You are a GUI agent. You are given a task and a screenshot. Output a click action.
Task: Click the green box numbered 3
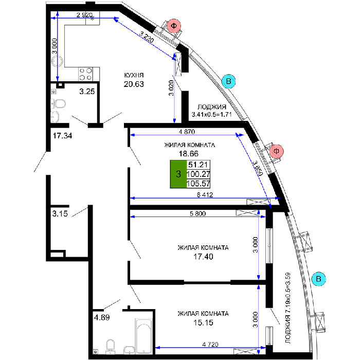coord(178,174)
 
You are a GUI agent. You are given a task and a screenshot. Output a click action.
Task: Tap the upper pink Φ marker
coord(174,26)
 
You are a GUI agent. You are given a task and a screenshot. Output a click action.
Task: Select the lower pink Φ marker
coord(276,151)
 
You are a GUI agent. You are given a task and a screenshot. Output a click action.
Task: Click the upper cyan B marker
coord(228,81)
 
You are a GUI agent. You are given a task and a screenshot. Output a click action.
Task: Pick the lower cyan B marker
coord(318,279)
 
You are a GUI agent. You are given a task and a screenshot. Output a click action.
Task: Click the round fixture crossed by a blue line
coord(57,61)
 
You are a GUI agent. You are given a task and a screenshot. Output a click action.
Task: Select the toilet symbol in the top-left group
coord(58,104)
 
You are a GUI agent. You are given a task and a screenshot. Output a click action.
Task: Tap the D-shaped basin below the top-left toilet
coord(55,117)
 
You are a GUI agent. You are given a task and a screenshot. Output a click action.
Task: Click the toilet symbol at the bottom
coord(110,346)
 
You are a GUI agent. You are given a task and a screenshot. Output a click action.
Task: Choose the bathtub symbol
coord(143,336)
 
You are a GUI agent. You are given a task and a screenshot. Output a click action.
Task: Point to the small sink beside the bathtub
coord(129,350)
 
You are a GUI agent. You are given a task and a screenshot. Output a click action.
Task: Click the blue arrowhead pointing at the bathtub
coord(157,348)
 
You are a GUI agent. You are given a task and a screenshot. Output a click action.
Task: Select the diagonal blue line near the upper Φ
coord(144,39)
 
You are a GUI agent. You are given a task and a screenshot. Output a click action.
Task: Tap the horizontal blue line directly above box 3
coord(185,135)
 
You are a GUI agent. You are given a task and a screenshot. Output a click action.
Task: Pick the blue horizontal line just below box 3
coord(206,198)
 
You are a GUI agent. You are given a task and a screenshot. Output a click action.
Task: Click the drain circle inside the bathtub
coord(143,352)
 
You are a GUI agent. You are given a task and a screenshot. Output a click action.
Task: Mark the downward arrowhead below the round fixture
coord(58,78)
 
